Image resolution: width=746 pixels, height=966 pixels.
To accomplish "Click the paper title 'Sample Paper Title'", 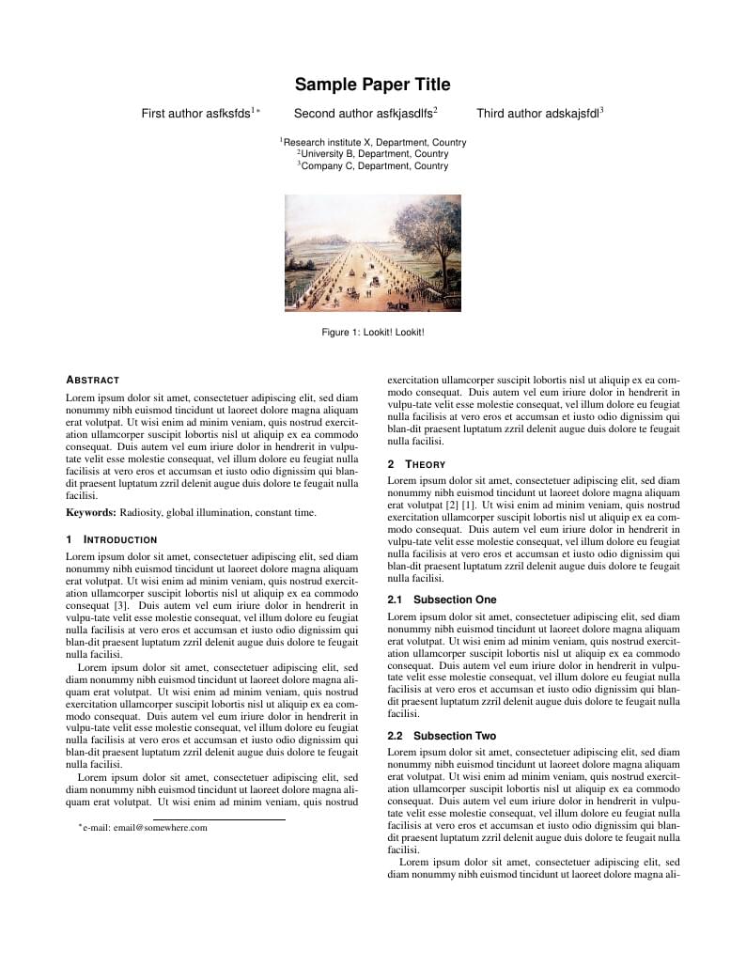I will [372, 85].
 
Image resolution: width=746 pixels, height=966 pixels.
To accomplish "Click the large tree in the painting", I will [428, 235].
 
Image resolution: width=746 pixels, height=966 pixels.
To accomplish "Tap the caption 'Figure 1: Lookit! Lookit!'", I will [372, 332].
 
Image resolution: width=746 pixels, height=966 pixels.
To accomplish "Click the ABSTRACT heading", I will [92, 381].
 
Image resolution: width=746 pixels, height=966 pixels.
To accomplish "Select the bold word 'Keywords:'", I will [90, 513].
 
